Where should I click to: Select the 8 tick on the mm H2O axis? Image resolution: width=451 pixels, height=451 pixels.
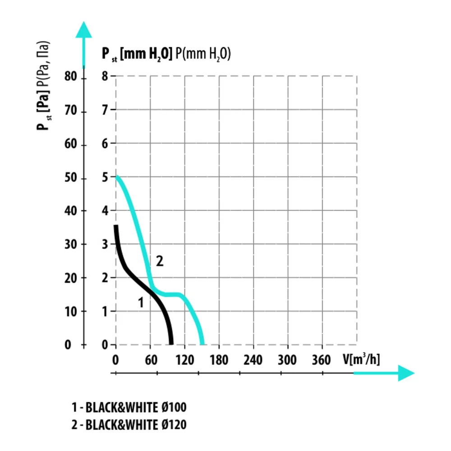point(105,77)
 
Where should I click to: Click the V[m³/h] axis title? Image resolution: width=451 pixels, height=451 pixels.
point(361,359)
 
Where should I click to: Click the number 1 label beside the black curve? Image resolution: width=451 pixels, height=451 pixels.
point(141,303)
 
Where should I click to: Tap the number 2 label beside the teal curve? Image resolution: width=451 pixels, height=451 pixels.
point(159,261)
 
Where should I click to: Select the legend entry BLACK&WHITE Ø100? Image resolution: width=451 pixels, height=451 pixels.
point(129,408)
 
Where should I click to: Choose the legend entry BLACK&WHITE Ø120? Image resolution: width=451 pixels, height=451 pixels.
point(129,424)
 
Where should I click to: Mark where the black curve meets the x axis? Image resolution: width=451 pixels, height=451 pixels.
point(171,344)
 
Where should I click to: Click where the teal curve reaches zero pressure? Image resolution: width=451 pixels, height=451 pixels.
point(202,344)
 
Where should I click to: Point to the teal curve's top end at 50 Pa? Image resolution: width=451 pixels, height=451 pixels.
point(117,177)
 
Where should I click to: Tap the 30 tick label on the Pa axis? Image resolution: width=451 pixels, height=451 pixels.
point(71,244)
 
